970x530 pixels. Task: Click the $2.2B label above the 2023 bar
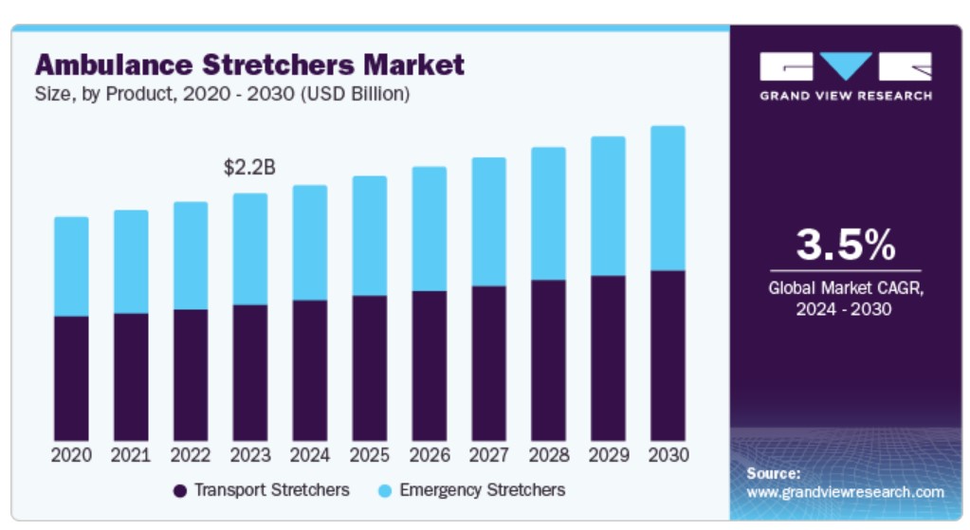coord(249,168)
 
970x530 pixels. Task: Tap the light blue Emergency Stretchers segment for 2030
coord(668,198)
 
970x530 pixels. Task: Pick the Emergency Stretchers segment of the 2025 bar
coord(369,235)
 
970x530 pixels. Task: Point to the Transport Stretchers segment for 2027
coord(488,362)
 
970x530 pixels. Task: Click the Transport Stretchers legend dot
coord(180,491)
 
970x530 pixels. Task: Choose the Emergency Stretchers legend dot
coord(384,491)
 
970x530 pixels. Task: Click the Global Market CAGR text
coord(845,288)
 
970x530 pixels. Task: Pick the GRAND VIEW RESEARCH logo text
coord(845,96)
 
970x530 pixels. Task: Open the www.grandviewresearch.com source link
coord(845,492)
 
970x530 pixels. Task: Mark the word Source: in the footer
coord(773,472)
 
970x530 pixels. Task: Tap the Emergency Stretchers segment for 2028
coord(548,213)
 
